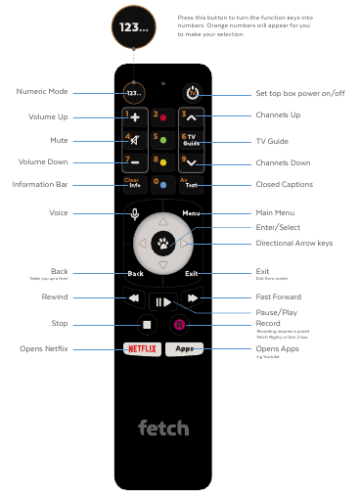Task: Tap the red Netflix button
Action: click(x=143, y=348)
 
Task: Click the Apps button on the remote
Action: click(x=185, y=348)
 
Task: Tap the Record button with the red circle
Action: click(x=179, y=324)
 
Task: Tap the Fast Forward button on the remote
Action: click(x=193, y=297)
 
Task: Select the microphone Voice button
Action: click(x=134, y=212)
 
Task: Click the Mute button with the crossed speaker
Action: click(x=134, y=139)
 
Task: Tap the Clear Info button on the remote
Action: click(x=134, y=182)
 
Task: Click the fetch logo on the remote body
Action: click(x=163, y=428)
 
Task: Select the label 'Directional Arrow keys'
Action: click(x=294, y=243)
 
